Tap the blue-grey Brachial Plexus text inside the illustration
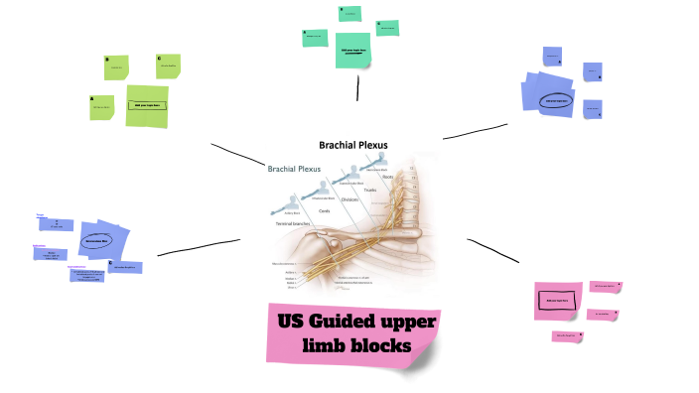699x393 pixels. click(x=294, y=169)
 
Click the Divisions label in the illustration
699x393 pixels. click(x=349, y=199)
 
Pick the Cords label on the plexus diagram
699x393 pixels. click(x=324, y=210)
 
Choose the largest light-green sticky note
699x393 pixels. click(x=147, y=105)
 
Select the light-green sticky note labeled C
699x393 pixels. click(x=168, y=66)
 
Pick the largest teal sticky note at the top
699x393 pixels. click(x=352, y=50)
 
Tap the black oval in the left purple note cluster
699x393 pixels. click(x=96, y=240)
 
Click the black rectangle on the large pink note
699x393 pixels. click(x=551, y=299)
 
